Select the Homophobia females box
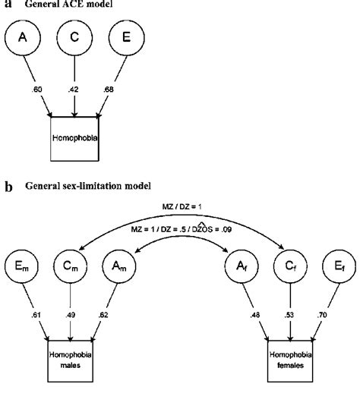289,360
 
